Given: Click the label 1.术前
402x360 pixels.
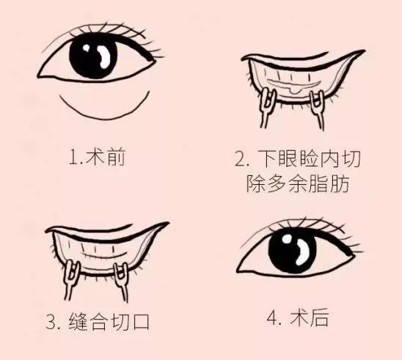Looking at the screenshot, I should [101, 158].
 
